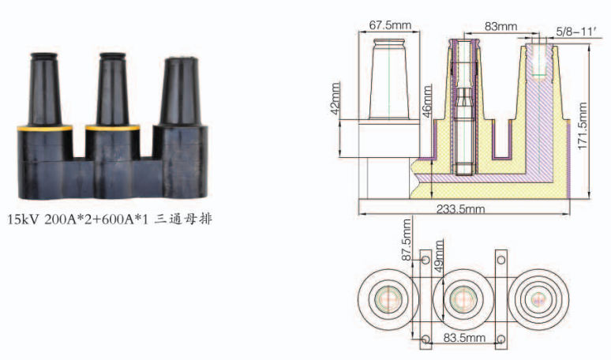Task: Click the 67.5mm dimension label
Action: click(390, 25)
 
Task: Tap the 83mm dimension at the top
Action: click(500, 27)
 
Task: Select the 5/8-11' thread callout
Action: click(576, 32)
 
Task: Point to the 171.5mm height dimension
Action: click(583, 126)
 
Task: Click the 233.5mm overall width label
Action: click(460, 209)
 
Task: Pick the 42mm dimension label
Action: click(335, 99)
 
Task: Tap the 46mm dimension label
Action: click(427, 101)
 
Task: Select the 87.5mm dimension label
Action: click(407, 240)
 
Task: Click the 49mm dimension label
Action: click(439, 256)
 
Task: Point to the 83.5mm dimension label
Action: click(464, 337)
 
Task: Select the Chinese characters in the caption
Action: click(183, 219)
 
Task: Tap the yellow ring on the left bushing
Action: click(44, 128)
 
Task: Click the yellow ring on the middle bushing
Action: click(113, 127)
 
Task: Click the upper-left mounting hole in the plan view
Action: click(425, 260)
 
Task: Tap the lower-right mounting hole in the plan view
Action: click(501, 339)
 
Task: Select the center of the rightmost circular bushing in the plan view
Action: click(538, 300)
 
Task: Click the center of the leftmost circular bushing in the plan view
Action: click(388, 300)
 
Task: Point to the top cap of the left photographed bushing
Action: click(44, 57)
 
